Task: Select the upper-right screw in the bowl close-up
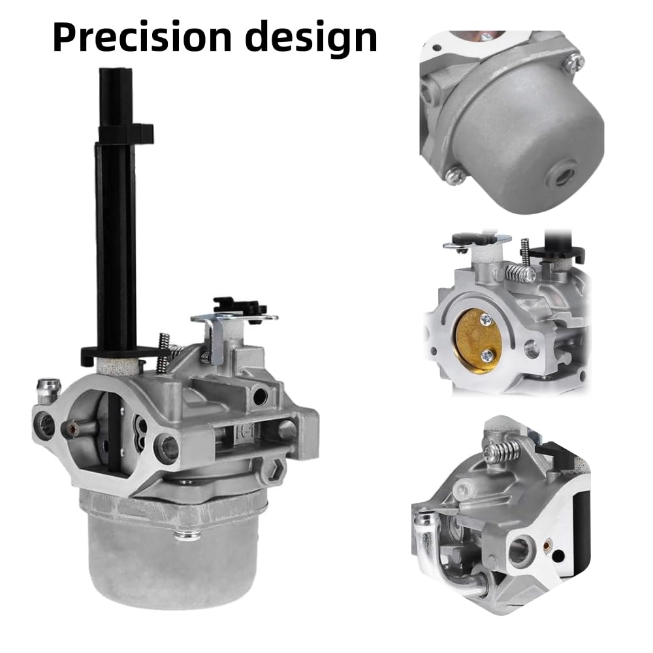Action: pos(574,62)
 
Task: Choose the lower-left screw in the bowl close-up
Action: pos(455,174)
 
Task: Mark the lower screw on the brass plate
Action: pos(487,356)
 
